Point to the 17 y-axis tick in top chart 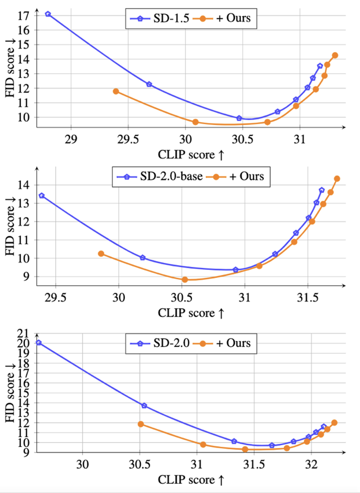(23, 16)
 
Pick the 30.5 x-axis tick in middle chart (181, 297)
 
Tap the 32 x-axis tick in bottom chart (311, 464)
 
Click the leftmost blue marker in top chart (48, 14)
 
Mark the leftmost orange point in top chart (116, 91)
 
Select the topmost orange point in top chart (335, 55)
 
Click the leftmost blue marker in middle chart (42, 196)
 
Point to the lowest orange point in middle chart (185, 279)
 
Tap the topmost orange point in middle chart (337, 179)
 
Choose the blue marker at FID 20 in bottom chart (39, 342)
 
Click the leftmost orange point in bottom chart (141, 424)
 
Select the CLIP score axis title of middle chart (191, 313)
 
